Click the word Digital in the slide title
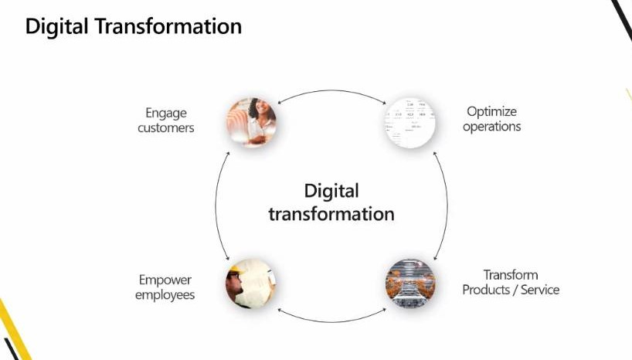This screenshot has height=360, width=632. [56, 27]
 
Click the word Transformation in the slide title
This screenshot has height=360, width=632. [168, 26]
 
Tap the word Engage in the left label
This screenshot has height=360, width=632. [166, 114]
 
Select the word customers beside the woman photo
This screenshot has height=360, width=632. [165, 127]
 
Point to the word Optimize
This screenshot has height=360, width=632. [491, 112]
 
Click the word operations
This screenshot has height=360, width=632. [491, 127]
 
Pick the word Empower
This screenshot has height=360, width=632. [165, 280]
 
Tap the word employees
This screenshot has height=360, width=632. [165, 295]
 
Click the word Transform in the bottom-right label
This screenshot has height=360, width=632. [511, 275]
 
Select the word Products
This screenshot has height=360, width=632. [486, 290]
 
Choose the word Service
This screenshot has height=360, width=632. [540, 290]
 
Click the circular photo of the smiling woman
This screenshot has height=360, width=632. [252, 122]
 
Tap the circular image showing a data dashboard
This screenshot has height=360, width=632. [410, 122]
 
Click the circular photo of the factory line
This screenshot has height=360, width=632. [410, 284]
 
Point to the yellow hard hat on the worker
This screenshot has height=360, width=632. [234, 270]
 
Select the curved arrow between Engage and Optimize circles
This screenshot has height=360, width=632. [331, 90]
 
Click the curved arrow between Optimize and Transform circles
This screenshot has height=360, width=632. [447, 205]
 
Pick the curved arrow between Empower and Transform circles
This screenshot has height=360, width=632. [331, 321]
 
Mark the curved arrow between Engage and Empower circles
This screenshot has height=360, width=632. [216, 205]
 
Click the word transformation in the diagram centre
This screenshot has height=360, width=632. [331, 214]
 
